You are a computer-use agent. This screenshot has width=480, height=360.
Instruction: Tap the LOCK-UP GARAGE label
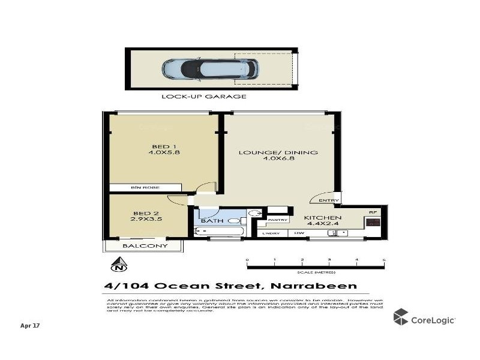[204, 96]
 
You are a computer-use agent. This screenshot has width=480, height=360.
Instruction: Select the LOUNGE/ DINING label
[278, 152]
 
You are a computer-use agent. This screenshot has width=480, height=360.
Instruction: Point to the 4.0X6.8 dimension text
[278, 160]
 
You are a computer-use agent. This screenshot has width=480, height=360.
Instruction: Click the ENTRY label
[329, 200]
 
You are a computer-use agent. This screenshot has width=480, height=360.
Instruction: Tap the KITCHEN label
[323, 218]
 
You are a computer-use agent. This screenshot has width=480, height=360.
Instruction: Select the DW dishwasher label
[298, 233]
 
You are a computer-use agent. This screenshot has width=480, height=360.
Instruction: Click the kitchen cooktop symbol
[373, 223]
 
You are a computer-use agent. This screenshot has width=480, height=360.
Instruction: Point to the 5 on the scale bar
[384, 260]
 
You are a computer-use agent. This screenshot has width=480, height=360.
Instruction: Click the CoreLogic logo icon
[401, 317]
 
